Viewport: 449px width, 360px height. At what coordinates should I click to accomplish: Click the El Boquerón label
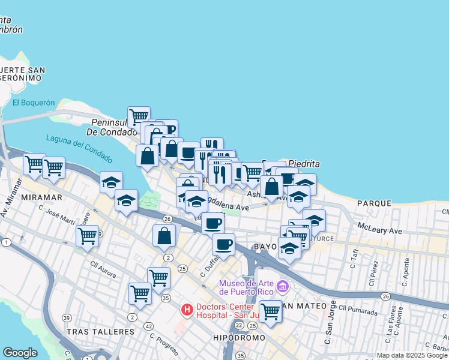tap(33, 103)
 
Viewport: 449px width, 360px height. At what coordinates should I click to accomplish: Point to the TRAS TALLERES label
tap(100, 332)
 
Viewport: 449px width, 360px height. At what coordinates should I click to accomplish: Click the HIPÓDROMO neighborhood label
tap(239, 338)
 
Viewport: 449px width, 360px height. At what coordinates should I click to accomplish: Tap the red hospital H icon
tap(187, 310)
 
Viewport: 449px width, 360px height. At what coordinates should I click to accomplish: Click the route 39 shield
tap(67, 317)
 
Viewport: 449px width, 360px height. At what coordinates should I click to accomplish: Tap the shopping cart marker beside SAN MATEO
tap(270, 311)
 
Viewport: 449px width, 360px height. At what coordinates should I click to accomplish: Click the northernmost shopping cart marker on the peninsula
tap(139, 115)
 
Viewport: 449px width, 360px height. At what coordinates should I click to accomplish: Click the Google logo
tap(20, 353)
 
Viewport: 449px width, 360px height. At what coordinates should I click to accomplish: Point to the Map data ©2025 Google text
tap(412, 355)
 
